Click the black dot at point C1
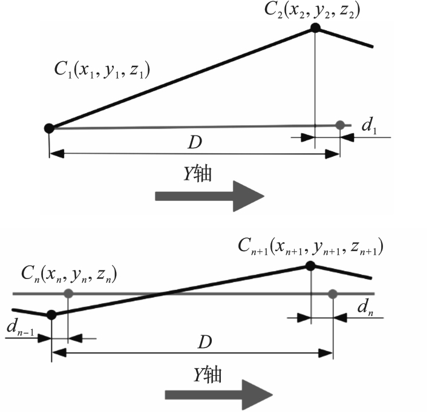[49, 127]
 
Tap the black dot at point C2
[315, 28]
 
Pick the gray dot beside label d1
[340, 125]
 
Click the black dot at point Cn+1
[310, 266]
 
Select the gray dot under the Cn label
[68, 294]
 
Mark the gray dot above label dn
[332, 294]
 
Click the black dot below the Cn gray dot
[51, 314]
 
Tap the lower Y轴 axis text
[208, 375]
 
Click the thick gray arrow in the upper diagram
[209, 195]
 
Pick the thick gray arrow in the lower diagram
[218, 395]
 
